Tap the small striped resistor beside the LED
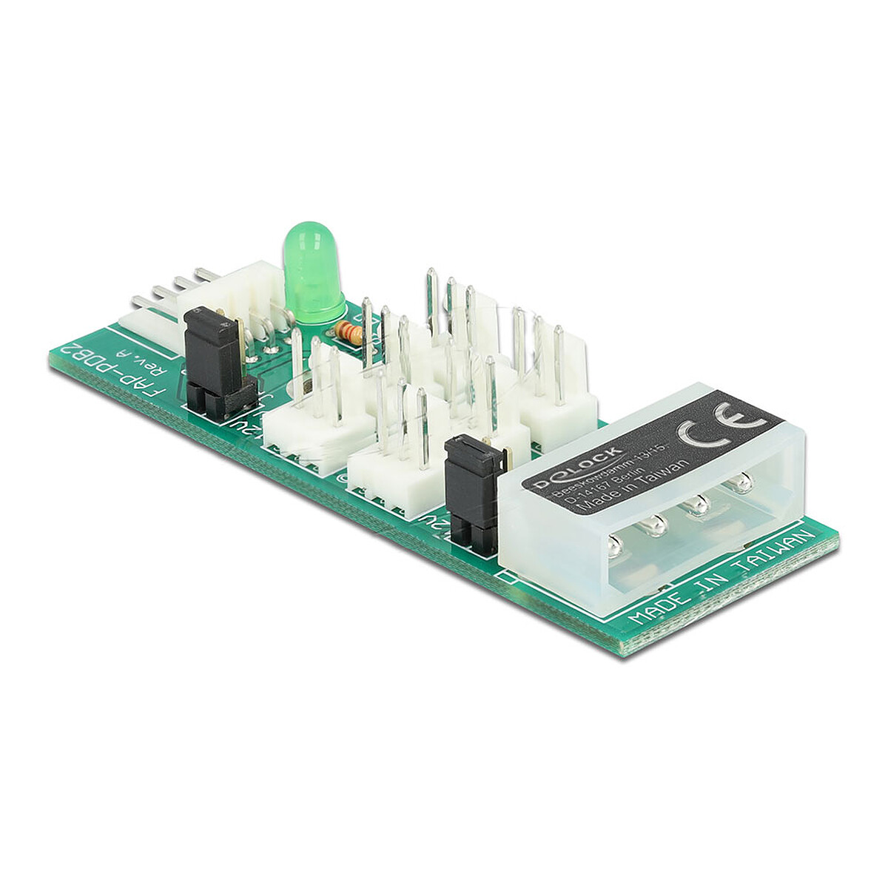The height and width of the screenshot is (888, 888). coord(348,332)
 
